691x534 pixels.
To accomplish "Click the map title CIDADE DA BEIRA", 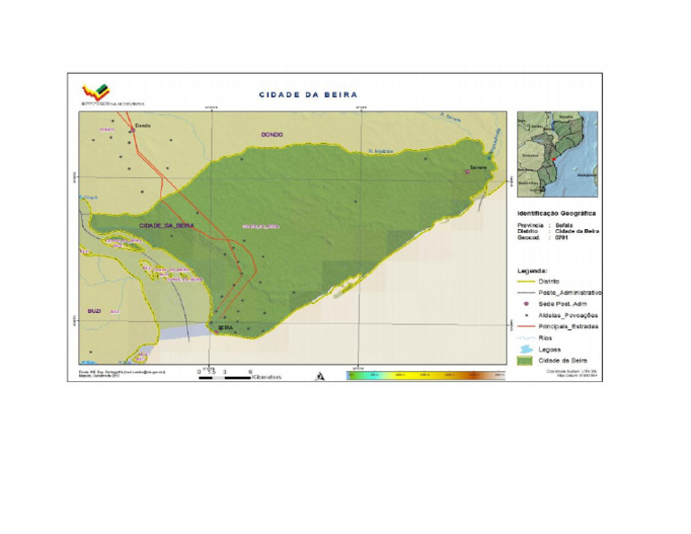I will (x=308, y=94).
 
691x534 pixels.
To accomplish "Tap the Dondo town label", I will (x=143, y=127).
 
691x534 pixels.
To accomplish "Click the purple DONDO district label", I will (x=272, y=135).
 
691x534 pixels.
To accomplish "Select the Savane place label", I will (x=477, y=167).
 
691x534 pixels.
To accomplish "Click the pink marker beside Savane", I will (x=467, y=171).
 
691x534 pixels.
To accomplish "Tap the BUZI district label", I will (x=94, y=310).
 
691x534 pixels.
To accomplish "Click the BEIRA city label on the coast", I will (x=226, y=328).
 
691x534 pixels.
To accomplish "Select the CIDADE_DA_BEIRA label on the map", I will (x=166, y=225).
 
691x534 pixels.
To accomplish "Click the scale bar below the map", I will (x=225, y=375).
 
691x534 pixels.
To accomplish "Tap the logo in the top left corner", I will (x=97, y=91).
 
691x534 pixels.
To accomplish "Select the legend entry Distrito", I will (x=548, y=281).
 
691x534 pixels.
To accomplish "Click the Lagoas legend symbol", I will (x=527, y=348).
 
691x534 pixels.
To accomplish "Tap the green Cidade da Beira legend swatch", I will (x=527, y=360).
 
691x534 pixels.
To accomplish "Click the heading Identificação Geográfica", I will (x=556, y=213).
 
